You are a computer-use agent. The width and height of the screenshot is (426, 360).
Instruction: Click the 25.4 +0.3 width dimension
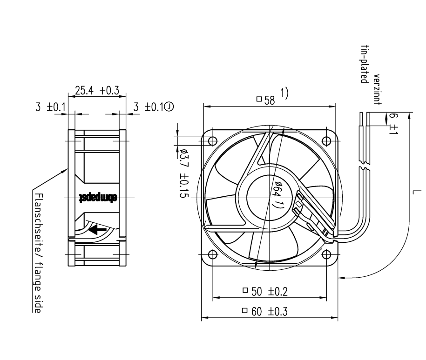coord(97,90)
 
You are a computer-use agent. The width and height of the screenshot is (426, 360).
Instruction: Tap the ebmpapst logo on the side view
coord(98,198)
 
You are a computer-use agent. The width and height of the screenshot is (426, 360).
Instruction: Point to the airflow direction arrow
coord(97,229)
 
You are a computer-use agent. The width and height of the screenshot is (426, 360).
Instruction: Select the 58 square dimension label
coord(266,100)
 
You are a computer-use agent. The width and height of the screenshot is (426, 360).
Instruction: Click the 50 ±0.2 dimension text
coord(265,291)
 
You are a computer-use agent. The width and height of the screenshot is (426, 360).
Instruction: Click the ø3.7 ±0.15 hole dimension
coord(184,173)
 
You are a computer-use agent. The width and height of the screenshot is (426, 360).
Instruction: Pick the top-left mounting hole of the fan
coord(213,141)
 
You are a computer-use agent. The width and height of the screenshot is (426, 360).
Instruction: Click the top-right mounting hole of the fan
coord(326,141)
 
